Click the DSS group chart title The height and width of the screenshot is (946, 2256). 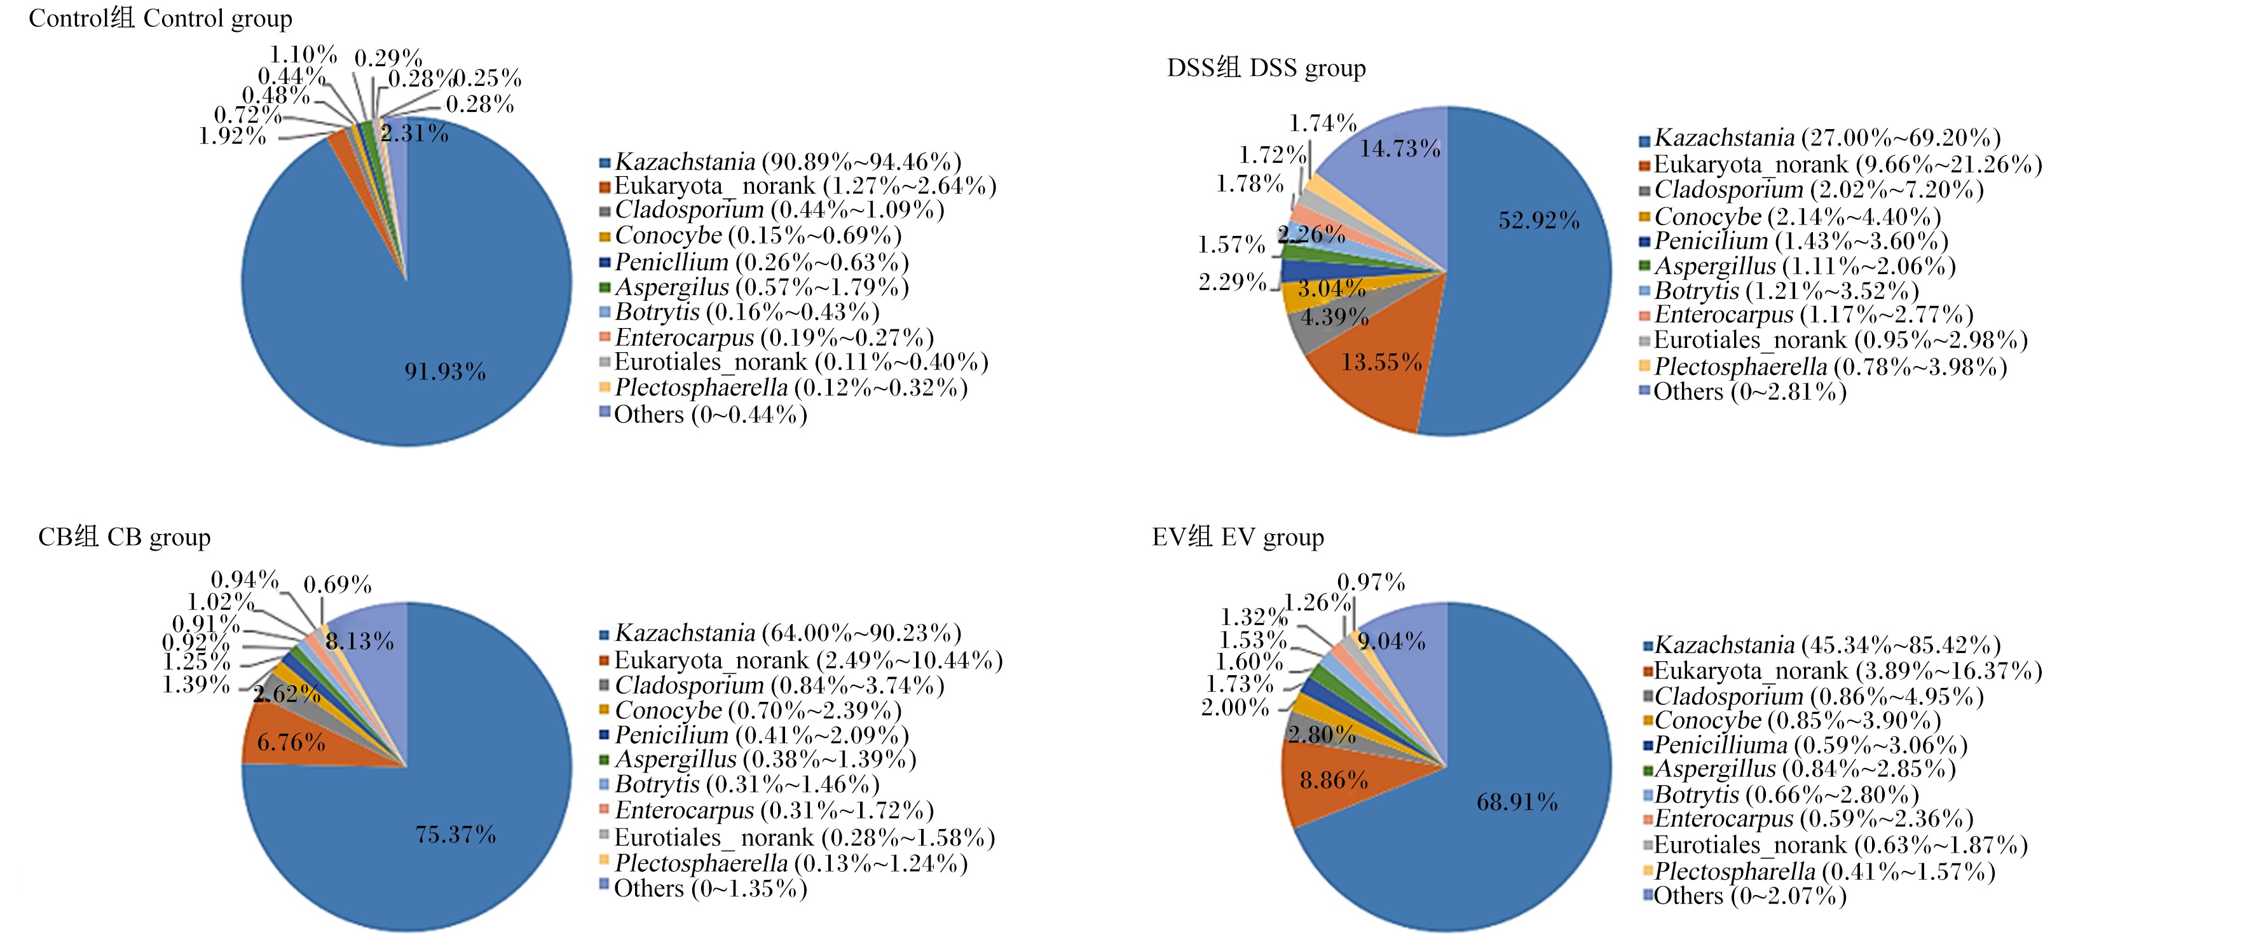pyautogui.click(x=1266, y=67)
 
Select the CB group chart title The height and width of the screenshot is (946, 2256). pyautogui.click(x=125, y=536)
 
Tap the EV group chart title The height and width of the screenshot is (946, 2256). pyautogui.click(x=1238, y=536)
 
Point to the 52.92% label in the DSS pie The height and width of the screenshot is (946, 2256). pyautogui.click(x=1539, y=220)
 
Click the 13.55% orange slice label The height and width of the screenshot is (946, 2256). pyautogui.click(x=1381, y=362)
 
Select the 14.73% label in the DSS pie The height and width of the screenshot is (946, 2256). pyautogui.click(x=1400, y=149)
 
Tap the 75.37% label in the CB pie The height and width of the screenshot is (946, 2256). pyautogui.click(x=455, y=834)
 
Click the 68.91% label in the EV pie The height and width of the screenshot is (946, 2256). pyautogui.click(x=1517, y=802)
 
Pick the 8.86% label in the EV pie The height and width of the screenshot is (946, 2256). pyautogui.click(x=1333, y=779)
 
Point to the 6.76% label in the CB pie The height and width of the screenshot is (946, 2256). pyautogui.click(x=291, y=743)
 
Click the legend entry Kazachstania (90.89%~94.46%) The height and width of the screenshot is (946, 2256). pyautogui.click(x=781, y=162)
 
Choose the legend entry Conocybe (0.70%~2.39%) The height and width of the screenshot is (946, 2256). pyautogui.click(x=751, y=710)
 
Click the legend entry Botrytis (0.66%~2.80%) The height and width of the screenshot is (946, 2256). pyautogui.click(x=1781, y=795)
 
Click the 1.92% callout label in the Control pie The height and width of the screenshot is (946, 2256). pyautogui.click(x=232, y=136)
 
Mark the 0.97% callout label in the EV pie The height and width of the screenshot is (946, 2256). pyautogui.click(x=1371, y=582)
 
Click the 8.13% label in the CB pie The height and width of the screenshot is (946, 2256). pyautogui.click(x=359, y=641)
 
